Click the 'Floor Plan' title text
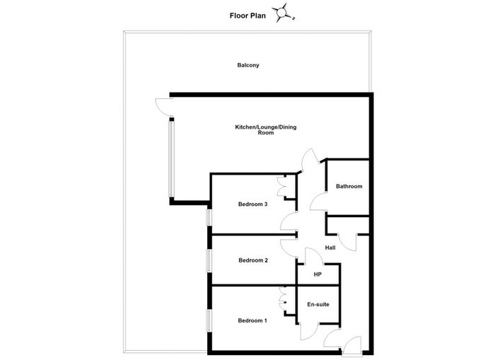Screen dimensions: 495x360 point(248,16)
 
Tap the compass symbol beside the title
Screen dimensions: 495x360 point(282,13)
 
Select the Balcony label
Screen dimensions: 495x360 point(248,65)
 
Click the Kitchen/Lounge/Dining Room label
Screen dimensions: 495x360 point(266,130)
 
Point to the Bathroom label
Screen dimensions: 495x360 point(349,186)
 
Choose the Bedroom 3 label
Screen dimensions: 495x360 point(253,204)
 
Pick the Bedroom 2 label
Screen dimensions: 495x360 point(253,260)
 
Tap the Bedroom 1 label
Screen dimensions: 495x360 point(252,320)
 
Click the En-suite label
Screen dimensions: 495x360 point(318,304)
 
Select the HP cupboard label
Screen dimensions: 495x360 point(318,274)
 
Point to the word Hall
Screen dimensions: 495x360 point(330,248)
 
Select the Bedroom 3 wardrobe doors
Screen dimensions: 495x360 point(281,187)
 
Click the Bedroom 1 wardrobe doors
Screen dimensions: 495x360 point(282,299)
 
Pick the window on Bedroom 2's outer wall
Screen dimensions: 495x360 point(209,260)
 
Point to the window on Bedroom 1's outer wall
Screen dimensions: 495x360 point(209,320)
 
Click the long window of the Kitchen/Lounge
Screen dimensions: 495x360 point(171,159)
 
